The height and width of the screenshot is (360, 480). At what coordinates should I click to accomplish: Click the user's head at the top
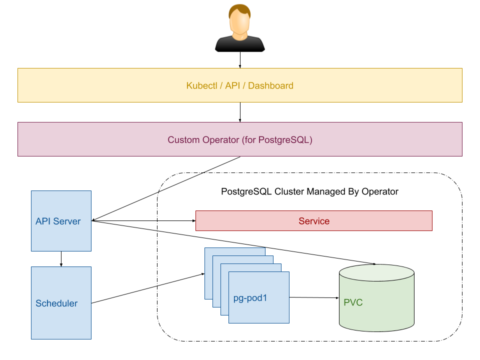click(239, 19)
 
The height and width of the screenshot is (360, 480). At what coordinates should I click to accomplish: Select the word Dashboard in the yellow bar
click(270, 85)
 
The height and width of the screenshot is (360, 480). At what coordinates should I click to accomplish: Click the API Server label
click(58, 221)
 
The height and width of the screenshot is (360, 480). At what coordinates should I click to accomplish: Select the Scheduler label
click(56, 303)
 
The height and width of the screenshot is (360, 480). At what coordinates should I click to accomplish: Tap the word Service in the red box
click(314, 221)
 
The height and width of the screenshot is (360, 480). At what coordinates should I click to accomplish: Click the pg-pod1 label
click(250, 298)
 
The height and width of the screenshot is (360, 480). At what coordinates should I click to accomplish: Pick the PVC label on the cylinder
click(353, 302)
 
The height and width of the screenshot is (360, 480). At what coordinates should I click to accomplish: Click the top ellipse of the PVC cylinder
click(376, 273)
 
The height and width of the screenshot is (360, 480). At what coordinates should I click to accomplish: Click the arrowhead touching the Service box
click(193, 220)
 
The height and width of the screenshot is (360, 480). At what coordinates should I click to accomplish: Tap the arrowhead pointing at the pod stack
click(202, 274)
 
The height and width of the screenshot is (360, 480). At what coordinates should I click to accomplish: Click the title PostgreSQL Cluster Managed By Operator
click(309, 191)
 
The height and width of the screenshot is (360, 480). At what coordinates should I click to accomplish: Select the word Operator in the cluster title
click(381, 191)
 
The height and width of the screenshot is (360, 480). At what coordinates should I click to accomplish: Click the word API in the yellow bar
click(232, 85)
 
